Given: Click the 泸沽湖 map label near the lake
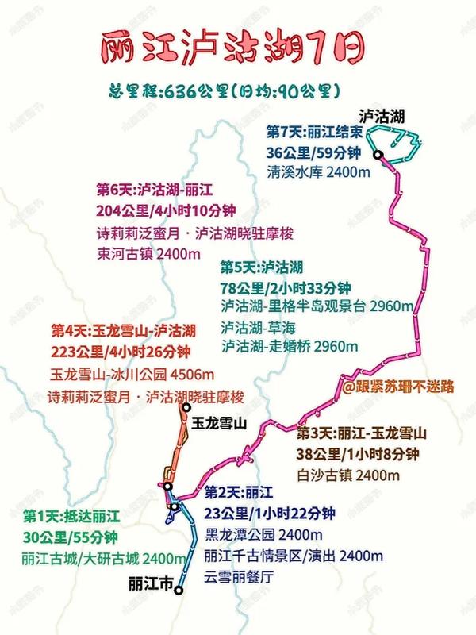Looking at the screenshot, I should [381, 115].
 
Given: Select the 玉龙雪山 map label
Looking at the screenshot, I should [217, 425].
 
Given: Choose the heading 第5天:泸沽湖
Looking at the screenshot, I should [261, 267].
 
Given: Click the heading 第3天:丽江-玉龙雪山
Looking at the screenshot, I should [362, 434].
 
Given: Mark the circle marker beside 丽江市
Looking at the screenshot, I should [179, 590].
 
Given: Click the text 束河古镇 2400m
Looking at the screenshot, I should [145, 253].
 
